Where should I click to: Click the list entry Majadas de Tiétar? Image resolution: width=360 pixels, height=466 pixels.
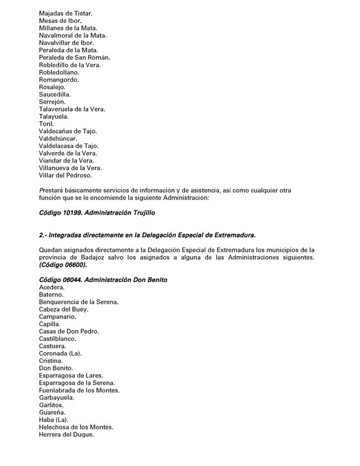(x=66, y=13)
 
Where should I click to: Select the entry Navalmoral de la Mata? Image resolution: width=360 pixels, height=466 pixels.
(x=72, y=35)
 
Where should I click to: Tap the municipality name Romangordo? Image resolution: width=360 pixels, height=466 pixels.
(x=59, y=80)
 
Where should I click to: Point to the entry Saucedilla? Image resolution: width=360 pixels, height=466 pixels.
(x=55, y=94)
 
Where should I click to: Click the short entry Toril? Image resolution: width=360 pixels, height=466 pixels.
(x=47, y=123)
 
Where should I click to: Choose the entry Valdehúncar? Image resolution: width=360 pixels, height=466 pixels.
(x=58, y=138)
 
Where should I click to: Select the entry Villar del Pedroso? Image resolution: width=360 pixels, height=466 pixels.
(x=66, y=175)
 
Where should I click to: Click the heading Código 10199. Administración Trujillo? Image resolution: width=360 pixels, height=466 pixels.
(x=96, y=213)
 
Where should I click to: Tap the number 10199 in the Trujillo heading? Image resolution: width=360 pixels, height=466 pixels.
(x=73, y=213)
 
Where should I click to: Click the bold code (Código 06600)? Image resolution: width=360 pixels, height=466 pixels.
(x=63, y=265)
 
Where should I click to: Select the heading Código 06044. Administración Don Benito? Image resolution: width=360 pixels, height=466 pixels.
(x=103, y=280)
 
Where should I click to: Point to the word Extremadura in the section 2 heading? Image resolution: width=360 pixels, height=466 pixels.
(x=230, y=235)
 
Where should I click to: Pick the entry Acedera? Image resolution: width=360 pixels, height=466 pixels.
(x=52, y=287)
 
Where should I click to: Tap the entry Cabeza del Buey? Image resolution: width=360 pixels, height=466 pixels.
(x=63, y=309)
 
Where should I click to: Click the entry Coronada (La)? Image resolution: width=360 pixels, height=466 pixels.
(x=60, y=353)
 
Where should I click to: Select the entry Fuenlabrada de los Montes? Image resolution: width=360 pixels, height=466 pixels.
(x=79, y=390)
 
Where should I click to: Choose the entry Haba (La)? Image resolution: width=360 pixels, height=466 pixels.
(x=53, y=419)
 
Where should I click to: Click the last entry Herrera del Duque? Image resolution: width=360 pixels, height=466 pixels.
(x=66, y=434)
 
